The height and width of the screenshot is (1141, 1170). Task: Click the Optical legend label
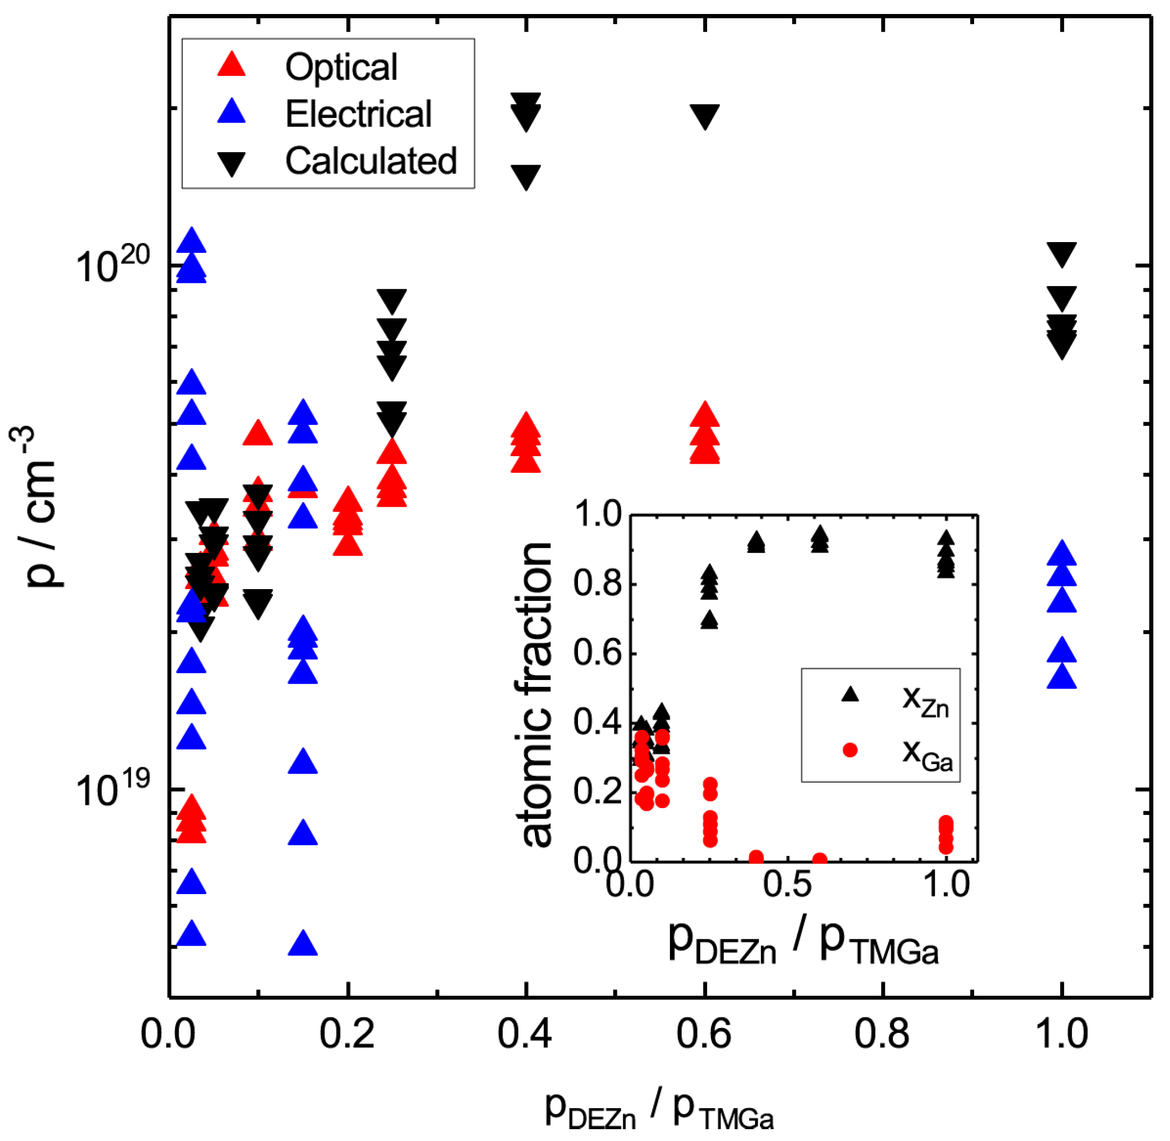coord(341,67)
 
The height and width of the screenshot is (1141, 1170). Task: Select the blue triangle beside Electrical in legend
coord(231,112)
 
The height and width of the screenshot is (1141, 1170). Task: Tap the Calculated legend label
coord(370,161)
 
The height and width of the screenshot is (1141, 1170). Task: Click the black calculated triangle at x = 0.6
coord(704,115)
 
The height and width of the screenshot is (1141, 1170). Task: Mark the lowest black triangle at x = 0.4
coord(526,175)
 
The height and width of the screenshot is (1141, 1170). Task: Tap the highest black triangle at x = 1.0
coord(1061,253)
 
